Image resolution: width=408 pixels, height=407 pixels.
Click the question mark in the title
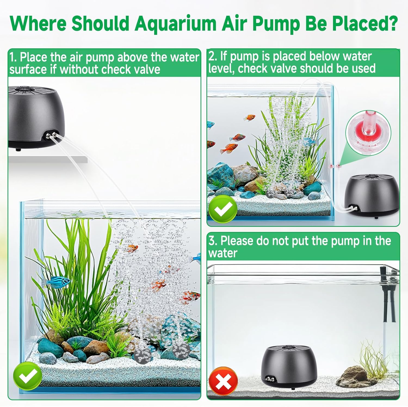click(392, 24)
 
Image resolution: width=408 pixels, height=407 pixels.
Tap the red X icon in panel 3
click(223, 381)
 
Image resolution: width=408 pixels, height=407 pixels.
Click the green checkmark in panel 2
click(222, 209)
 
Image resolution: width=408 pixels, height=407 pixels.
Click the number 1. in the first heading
click(13, 57)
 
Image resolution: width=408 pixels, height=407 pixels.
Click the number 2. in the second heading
click(213, 56)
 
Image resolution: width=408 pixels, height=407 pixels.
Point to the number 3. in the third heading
click(213, 241)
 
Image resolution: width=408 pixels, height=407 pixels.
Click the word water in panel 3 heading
click(223, 253)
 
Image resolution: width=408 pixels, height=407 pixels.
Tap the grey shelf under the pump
click(48, 159)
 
